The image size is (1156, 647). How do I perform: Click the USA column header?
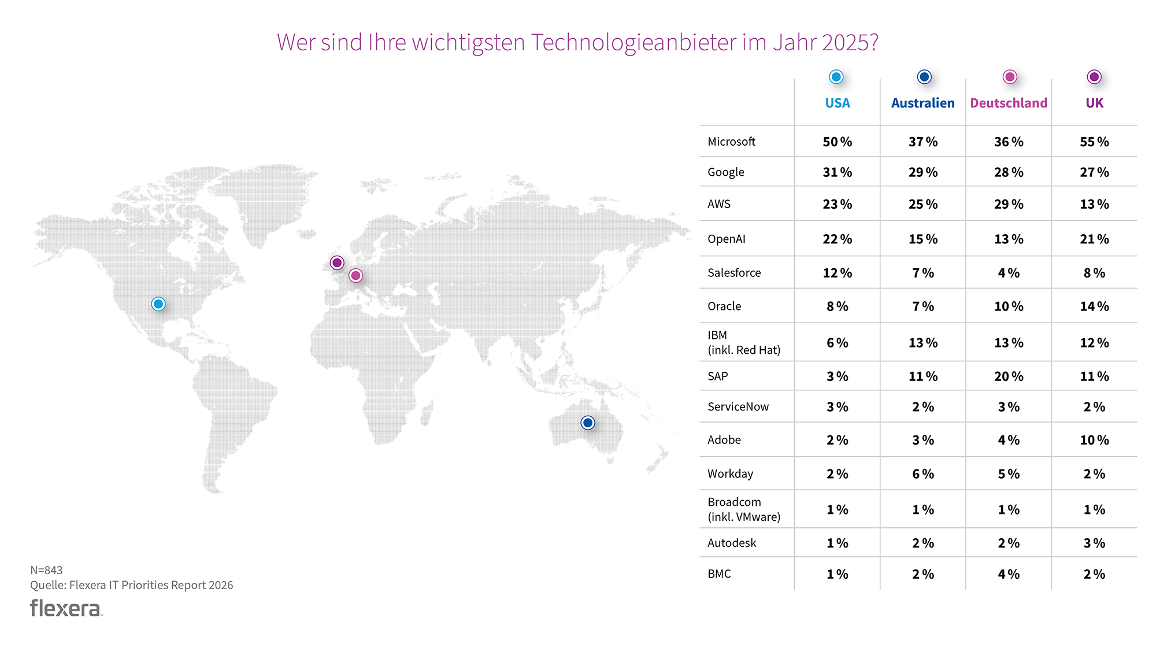coord(837,103)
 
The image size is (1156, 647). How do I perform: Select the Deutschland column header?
coord(1009,103)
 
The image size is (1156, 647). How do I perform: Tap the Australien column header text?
coord(922,103)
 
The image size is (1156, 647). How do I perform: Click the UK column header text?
coord(1094,103)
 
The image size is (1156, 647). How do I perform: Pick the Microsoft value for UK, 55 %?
coord(1094,142)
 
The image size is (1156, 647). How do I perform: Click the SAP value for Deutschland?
coord(1009,376)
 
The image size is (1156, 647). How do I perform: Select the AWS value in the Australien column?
coord(922,204)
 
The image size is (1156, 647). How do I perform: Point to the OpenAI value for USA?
coord(837,239)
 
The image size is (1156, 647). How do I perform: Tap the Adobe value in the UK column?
coord(1094,440)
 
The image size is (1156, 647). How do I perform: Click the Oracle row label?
coord(724,306)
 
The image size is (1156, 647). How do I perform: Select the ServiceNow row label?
coord(738,406)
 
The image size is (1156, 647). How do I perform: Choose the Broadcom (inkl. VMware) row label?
coord(744,509)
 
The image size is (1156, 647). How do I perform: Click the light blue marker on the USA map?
coord(158,304)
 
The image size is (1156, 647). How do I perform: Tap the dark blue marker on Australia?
coord(588,423)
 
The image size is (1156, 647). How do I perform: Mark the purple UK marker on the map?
coord(337,263)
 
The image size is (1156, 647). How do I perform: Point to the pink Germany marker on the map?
coord(355,276)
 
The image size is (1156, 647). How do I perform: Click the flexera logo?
coord(66,608)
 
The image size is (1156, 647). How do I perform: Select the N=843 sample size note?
coord(46,570)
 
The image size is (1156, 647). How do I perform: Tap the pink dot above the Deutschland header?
coord(1010,77)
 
